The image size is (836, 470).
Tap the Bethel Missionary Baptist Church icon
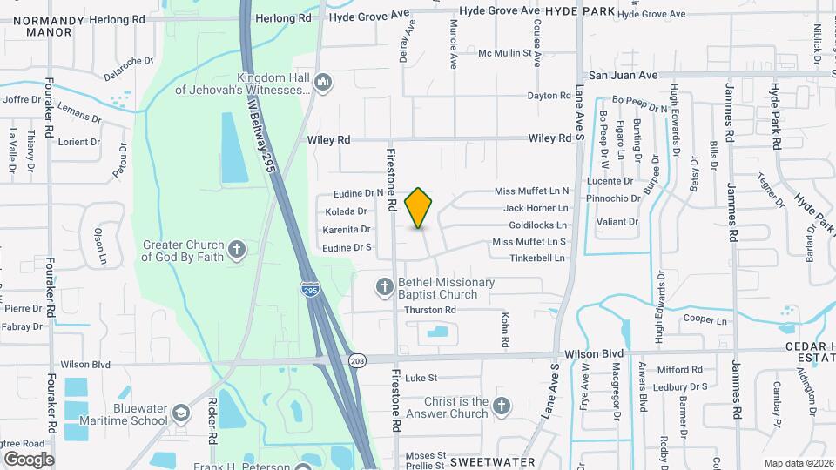(x=384, y=286)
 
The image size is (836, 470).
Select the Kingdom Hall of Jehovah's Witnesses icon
(x=323, y=83)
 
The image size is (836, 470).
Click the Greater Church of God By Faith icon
(x=236, y=251)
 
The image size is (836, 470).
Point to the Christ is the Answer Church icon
(x=501, y=406)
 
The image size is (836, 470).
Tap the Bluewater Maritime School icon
(x=181, y=413)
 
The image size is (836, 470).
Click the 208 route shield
(x=356, y=360)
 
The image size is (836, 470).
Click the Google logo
(x=29, y=459)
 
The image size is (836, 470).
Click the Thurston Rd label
(x=430, y=310)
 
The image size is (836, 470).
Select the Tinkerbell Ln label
(x=537, y=258)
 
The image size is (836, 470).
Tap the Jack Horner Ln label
(x=536, y=208)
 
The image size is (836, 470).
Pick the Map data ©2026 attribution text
(x=797, y=462)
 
